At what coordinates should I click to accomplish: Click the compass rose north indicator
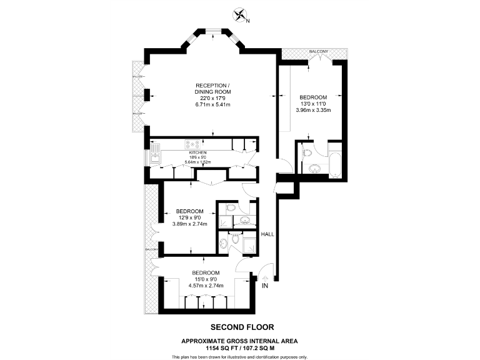click(x=240, y=14)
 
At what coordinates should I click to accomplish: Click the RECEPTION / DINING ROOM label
click(x=212, y=88)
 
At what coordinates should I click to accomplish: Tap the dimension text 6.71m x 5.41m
click(x=212, y=104)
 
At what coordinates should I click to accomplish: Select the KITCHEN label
click(x=197, y=152)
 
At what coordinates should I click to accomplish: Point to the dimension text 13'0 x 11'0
click(x=313, y=104)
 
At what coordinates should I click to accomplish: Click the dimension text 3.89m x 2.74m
click(x=189, y=223)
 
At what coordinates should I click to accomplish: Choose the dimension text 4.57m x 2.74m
click(x=206, y=286)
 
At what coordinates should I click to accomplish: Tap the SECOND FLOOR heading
click(x=242, y=327)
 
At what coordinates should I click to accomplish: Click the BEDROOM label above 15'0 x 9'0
click(x=206, y=273)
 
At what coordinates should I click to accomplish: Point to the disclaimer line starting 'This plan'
click(x=239, y=356)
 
